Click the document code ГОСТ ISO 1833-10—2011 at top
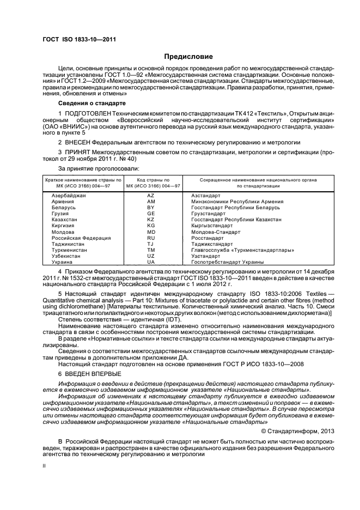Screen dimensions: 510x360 point(79,39)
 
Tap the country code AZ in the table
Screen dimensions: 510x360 point(151,195)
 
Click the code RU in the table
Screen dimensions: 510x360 point(151,238)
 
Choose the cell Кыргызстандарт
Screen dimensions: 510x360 point(216,226)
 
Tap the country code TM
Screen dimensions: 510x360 point(151,250)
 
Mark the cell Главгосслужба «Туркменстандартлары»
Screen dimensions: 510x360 point(242,250)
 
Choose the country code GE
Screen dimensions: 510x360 point(151,213)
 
